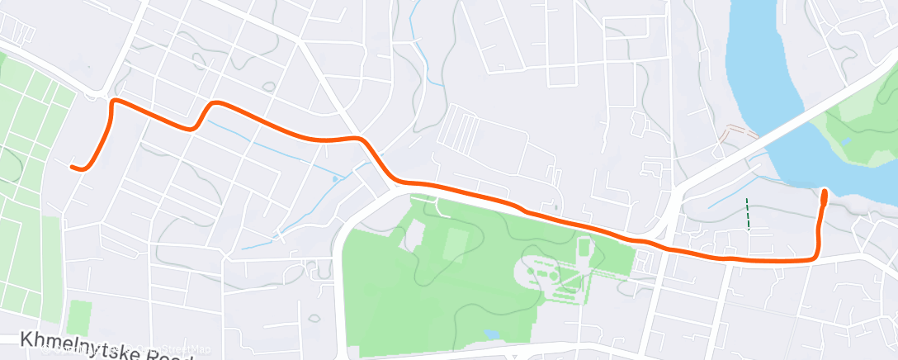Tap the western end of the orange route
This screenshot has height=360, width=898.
[x=73, y=168]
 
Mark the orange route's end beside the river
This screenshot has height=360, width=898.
[x=824, y=194]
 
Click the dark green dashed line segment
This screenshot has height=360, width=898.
[x=748, y=212]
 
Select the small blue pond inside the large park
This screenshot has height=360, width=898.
[x=490, y=334]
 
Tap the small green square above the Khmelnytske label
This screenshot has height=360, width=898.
[x=79, y=316]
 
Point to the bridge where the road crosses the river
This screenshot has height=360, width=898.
[x=785, y=133]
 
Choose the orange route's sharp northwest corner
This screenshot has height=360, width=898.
[x=114, y=102]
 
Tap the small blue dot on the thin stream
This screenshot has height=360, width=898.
[x=334, y=178]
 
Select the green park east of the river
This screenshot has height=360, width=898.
[x=858, y=132]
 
